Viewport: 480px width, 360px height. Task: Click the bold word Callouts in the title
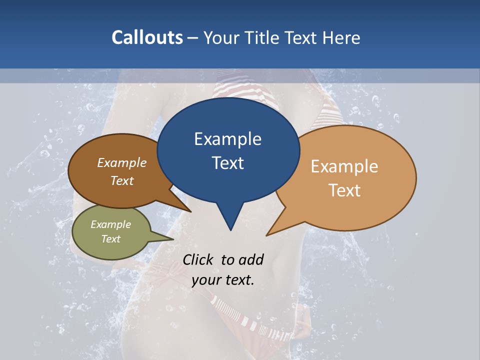point(147,37)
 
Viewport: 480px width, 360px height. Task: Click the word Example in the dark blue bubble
point(227,139)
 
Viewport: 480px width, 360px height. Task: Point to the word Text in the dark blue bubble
point(227,163)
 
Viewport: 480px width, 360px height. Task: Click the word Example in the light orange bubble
point(344,166)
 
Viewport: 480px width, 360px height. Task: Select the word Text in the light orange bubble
point(344,190)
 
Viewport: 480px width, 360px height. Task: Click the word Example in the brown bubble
point(122,163)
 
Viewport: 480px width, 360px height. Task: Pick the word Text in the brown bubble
point(122,180)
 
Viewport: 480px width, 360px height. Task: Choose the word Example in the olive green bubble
point(111,224)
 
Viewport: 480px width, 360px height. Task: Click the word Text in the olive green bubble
point(111,239)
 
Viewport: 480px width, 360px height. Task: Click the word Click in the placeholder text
point(198,259)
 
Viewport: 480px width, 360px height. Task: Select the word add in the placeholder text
point(251,259)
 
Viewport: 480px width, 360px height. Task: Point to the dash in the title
point(193,38)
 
